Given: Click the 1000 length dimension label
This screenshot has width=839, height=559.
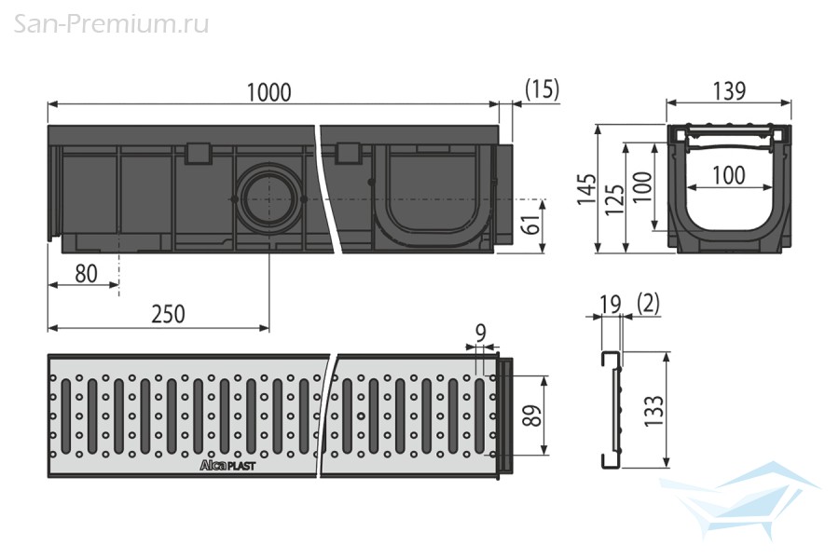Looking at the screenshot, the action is click(x=268, y=92).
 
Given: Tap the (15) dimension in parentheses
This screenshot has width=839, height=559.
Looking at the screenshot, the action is click(x=542, y=89).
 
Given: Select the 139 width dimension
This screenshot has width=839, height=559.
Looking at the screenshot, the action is click(x=729, y=91).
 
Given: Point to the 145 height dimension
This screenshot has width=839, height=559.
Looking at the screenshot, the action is click(x=586, y=188).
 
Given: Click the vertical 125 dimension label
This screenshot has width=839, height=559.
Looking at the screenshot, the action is click(x=615, y=200).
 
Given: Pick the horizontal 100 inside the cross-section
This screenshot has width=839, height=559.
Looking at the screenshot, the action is click(x=729, y=175).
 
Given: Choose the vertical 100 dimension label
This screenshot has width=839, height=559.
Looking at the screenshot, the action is click(x=643, y=186).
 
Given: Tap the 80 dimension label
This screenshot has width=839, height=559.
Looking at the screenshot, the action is click(x=86, y=274).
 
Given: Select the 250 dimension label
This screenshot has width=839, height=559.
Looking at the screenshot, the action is click(x=168, y=314).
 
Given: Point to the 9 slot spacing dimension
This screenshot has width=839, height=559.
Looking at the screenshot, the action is click(x=480, y=334).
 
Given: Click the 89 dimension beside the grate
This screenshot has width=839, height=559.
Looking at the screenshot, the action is click(x=532, y=416).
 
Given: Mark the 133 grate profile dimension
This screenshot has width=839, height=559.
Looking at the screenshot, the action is click(x=653, y=410).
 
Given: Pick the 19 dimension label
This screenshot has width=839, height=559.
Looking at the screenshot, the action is click(x=610, y=304).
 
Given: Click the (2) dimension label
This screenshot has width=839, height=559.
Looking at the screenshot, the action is click(x=649, y=304).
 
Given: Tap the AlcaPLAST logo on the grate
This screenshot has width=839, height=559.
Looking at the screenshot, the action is click(x=227, y=466).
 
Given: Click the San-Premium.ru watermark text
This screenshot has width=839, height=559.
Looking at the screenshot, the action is click(x=111, y=24).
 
